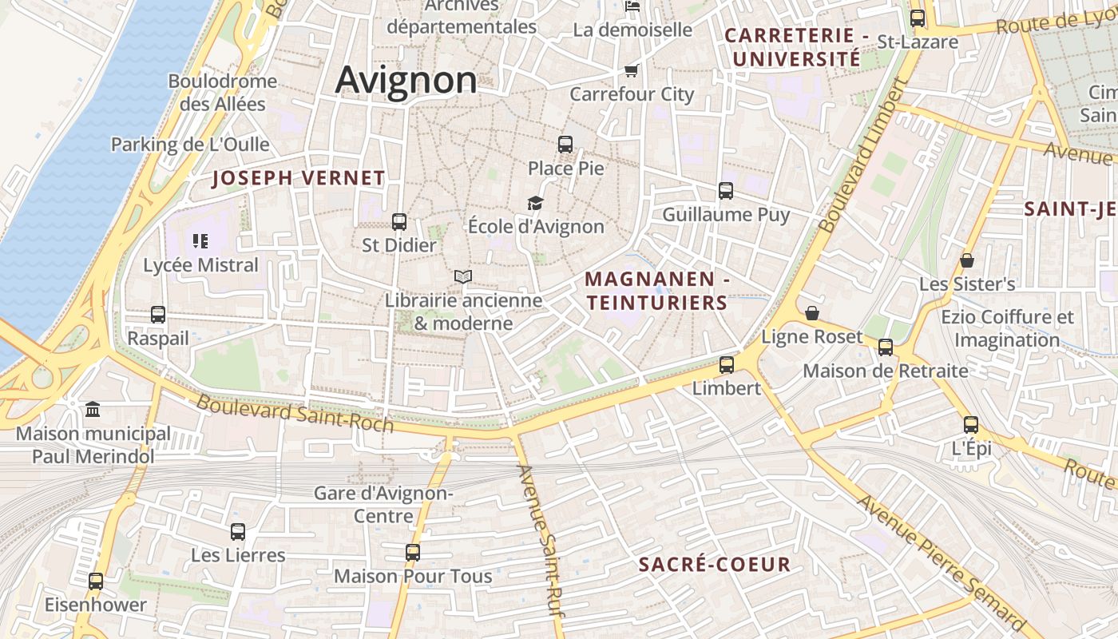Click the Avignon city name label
[406, 81]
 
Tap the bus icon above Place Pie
[565, 145]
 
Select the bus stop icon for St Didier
[399, 222]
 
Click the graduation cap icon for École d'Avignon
[535, 204]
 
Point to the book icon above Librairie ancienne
[463, 277]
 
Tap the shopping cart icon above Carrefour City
[632, 70]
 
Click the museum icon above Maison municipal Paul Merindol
[93, 410]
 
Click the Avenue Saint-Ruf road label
[541, 540]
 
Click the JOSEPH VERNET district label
[299, 178]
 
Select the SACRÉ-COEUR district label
[715, 565]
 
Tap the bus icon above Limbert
[726, 365]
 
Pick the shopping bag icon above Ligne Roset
[812, 313]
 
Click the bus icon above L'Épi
[971, 425]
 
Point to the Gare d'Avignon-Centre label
[383, 504]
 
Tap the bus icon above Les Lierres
[238, 531]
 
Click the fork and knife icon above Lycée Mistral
[200, 240]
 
